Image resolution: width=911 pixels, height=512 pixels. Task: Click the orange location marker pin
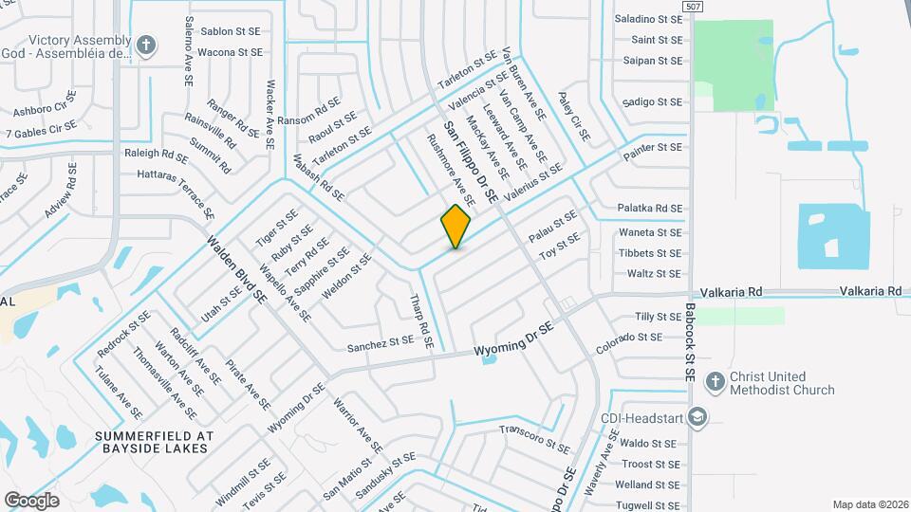click(455, 226)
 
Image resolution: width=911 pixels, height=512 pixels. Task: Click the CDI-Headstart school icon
click(697, 417)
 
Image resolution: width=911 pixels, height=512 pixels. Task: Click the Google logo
click(32, 500)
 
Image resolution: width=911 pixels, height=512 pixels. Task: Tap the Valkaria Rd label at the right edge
click(869, 292)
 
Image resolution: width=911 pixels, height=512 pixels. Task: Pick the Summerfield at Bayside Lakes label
click(155, 442)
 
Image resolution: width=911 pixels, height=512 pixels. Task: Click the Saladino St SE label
click(649, 19)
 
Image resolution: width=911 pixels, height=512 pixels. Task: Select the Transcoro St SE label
click(534, 437)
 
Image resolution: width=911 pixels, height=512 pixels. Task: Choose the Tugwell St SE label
click(649, 504)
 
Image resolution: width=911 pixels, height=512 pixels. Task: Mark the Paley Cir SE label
click(573, 117)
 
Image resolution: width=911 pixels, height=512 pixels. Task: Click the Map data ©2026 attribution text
click(869, 504)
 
